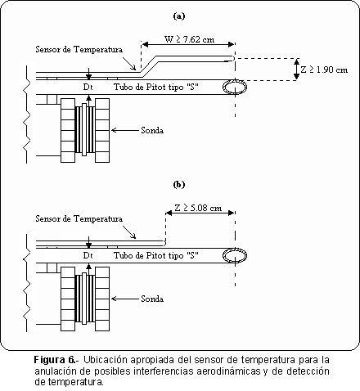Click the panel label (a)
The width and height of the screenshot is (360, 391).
click(179, 16)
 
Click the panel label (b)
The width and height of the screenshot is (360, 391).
click(179, 185)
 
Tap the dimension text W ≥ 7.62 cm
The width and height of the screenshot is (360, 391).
click(189, 39)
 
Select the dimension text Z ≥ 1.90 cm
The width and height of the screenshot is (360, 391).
click(324, 70)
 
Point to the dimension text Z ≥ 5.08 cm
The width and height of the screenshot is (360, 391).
click(198, 208)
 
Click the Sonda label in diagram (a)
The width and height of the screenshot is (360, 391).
click(152, 130)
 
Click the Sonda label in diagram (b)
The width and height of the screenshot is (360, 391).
click(152, 299)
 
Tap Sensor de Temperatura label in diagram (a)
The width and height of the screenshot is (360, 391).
click(79, 49)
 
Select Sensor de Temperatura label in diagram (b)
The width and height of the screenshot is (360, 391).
click(79, 218)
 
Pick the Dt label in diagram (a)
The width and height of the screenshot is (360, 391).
click(88, 87)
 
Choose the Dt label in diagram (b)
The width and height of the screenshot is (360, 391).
click(88, 255)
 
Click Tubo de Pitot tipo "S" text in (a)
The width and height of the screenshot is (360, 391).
click(156, 87)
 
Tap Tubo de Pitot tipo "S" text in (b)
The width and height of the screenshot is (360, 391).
click(156, 255)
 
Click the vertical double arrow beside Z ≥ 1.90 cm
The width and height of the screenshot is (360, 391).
click(296, 70)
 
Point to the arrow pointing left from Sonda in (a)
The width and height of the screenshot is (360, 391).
click(125, 130)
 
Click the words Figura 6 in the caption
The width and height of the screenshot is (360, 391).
click(54, 360)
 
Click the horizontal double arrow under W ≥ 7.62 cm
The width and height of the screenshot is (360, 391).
click(188, 44)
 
